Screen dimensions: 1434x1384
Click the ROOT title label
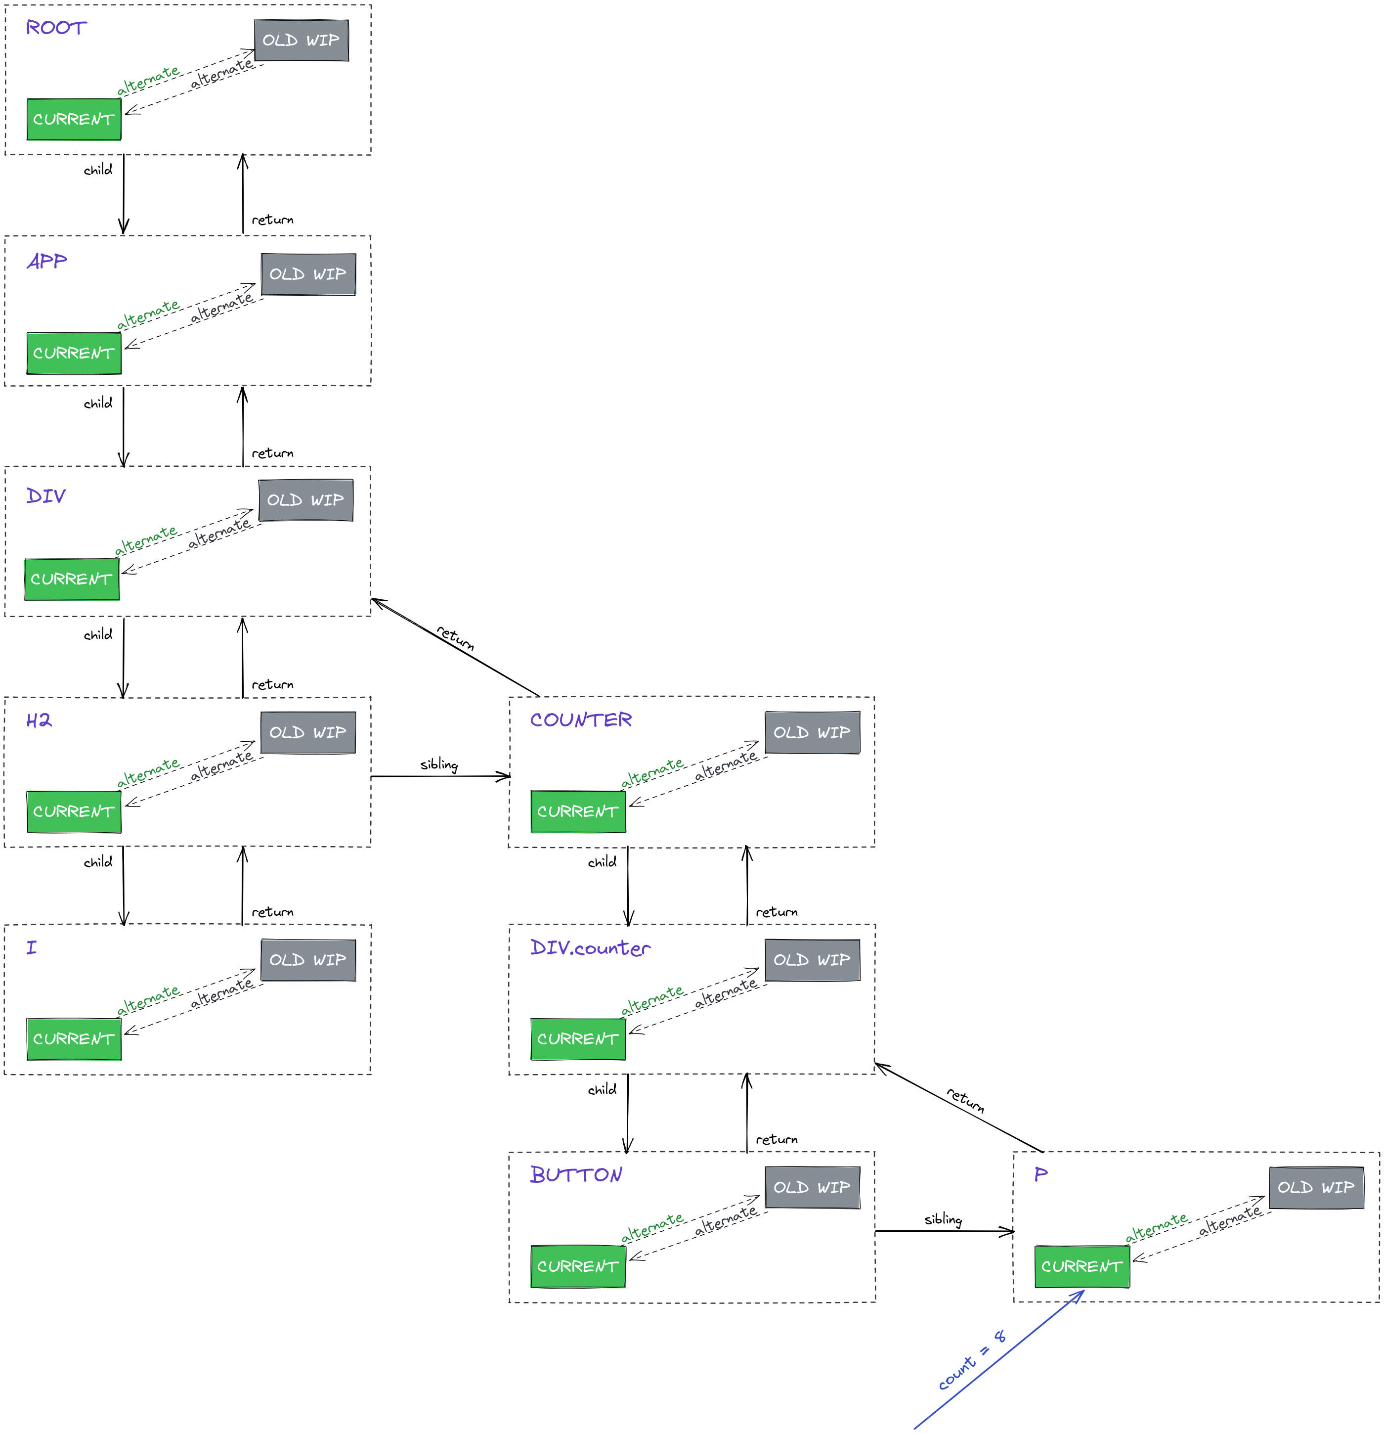pos(56,28)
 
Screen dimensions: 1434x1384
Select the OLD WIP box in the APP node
pos(308,274)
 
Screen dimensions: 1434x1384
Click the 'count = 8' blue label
pos(971,1361)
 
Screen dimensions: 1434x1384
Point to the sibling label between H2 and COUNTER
pos(439,764)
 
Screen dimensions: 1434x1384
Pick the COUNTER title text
pos(581,720)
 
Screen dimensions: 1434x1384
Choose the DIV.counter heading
pos(590,948)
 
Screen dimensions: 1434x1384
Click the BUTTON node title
pos(576,1175)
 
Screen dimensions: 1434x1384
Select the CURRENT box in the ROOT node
pos(74,119)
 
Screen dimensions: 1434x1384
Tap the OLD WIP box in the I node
pos(308,960)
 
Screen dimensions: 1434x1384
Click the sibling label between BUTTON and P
pos(943,1219)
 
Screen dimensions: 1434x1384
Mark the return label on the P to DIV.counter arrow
pos(965,1100)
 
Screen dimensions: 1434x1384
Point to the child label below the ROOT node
pos(98,170)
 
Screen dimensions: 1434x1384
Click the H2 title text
pos(39,720)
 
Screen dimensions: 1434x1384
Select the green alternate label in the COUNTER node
pos(652,772)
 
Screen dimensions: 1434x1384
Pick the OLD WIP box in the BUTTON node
pos(812,1187)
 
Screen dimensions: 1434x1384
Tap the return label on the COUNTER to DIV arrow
pos(456,638)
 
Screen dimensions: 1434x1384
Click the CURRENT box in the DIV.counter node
pos(578,1039)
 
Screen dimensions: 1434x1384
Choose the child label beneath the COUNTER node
pos(602,862)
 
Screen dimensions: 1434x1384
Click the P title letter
pos(1040,1175)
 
